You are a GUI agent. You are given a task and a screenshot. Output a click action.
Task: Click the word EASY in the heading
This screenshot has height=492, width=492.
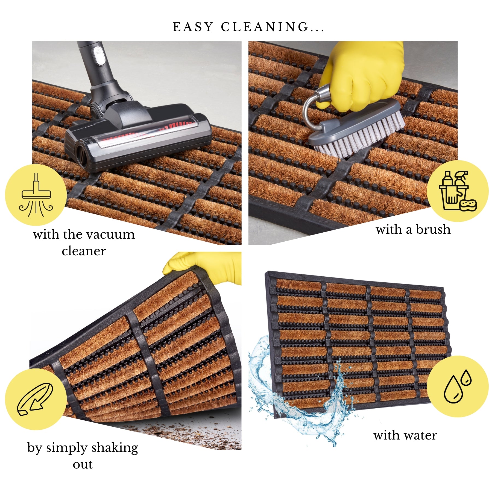coord(193,27)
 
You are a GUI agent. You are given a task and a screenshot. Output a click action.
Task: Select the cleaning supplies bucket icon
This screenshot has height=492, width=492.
coord(458,191)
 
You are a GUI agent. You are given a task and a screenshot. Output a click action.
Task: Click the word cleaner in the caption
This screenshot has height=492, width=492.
coord(84,251)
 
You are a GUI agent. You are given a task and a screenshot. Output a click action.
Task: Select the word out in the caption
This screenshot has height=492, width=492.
coord(83,465)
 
